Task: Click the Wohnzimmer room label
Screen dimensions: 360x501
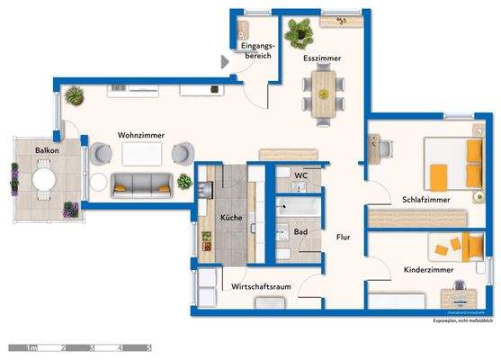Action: tap(140, 135)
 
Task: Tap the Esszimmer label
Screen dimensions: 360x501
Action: tap(321, 59)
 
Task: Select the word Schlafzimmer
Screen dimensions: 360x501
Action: tap(426, 200)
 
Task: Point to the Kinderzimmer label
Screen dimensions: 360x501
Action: tap(429, 269)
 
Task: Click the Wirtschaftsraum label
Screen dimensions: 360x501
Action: tap(261, 286)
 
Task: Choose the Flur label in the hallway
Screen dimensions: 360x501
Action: tap(343, 238)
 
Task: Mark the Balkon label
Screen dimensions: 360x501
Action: tap(47, 150)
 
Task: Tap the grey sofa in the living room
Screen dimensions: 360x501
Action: tap(140, 186)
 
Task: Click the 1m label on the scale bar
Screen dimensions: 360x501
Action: tap(31, 346)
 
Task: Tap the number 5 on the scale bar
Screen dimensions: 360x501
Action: tap(149, 346)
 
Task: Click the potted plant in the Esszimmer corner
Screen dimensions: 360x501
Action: tap(300, 34)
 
